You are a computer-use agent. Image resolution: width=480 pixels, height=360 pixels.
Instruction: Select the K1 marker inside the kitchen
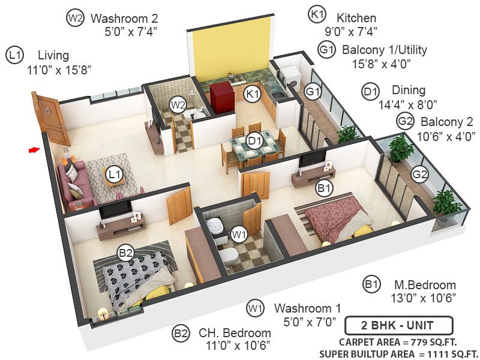pos(252,94)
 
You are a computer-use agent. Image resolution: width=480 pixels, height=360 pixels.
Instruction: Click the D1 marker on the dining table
pos(255,142)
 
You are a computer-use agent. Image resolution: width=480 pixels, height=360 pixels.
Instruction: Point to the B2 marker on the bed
pos(125,253)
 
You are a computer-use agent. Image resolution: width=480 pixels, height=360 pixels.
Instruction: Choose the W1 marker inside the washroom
pos(239,233)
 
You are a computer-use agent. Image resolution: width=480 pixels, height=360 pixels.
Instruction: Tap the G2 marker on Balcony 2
pos(420,175)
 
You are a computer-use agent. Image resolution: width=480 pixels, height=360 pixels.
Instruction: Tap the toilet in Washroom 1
pos(227,257)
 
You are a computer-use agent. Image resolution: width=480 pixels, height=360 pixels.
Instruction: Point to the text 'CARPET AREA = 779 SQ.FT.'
pos(397,342)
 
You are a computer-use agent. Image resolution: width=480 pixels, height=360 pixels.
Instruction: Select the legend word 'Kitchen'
pos(356,18)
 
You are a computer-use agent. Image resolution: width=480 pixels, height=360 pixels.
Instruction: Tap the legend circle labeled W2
pos(75,19)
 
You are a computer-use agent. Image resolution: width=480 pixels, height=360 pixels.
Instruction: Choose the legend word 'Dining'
pos(409,91)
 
